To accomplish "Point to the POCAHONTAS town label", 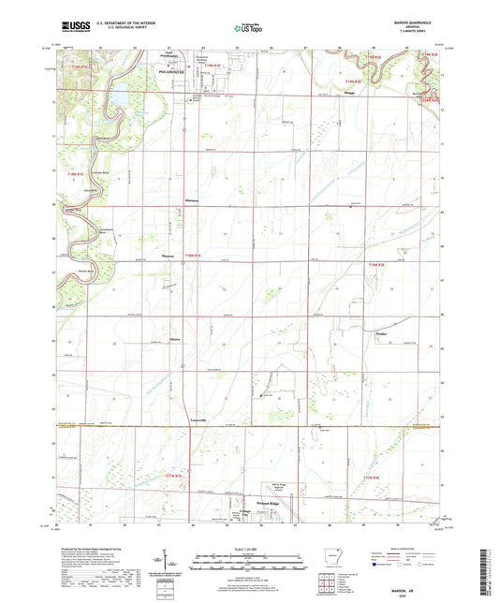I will [x=164, y=68].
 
